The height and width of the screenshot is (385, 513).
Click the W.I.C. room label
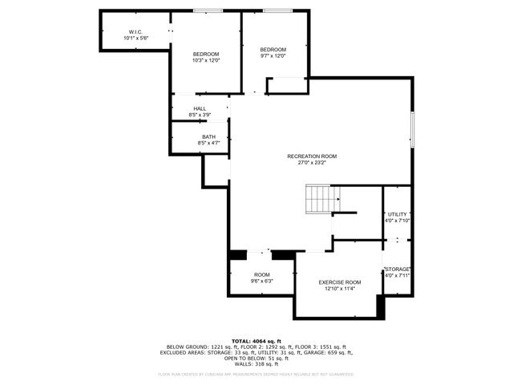click(135, 32)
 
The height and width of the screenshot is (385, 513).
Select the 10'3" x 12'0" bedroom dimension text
click(206, 60)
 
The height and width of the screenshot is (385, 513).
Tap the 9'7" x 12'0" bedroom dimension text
click(273, 56)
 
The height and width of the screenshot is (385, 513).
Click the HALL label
click(200, 108)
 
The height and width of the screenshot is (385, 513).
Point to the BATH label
click(208, 137)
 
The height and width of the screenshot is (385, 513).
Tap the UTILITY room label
click(398, 214)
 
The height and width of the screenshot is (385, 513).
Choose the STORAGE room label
click(398, 269)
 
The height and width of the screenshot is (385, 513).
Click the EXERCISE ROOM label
click(340, 282)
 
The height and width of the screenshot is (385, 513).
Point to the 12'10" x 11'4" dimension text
click(340, 289)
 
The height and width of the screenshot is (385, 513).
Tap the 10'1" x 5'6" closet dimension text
click(135, 38)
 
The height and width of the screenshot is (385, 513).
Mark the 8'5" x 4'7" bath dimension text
click(208, 144)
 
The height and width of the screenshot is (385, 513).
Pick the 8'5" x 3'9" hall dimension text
click(200, 115)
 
